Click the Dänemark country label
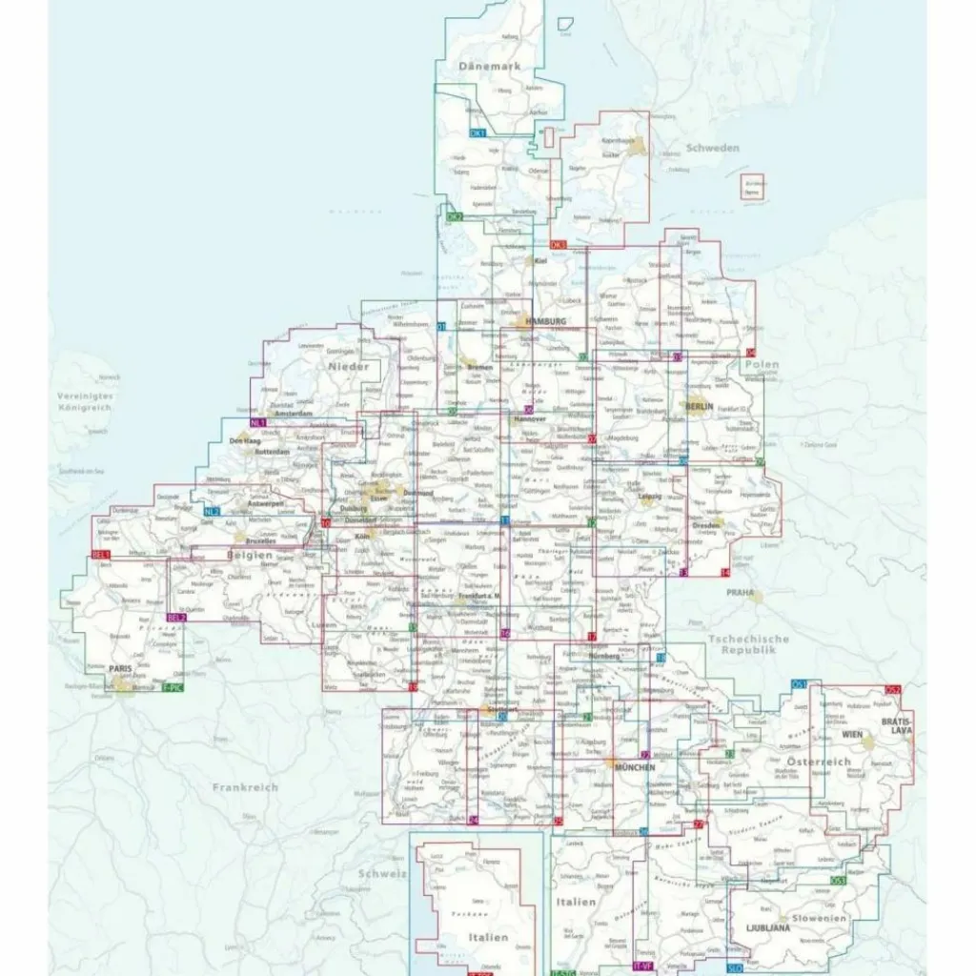(489, 67)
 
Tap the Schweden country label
(713, 148)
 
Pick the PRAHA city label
(740, 592)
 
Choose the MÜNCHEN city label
(635, 767)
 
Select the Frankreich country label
(245, 787)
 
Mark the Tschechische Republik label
(748, 644)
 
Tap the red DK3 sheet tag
(559, 245)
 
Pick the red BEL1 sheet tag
(101, 554)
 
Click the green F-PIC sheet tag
(173, 686)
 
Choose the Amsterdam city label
(293, 414)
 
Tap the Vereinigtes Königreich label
(84, 401)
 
